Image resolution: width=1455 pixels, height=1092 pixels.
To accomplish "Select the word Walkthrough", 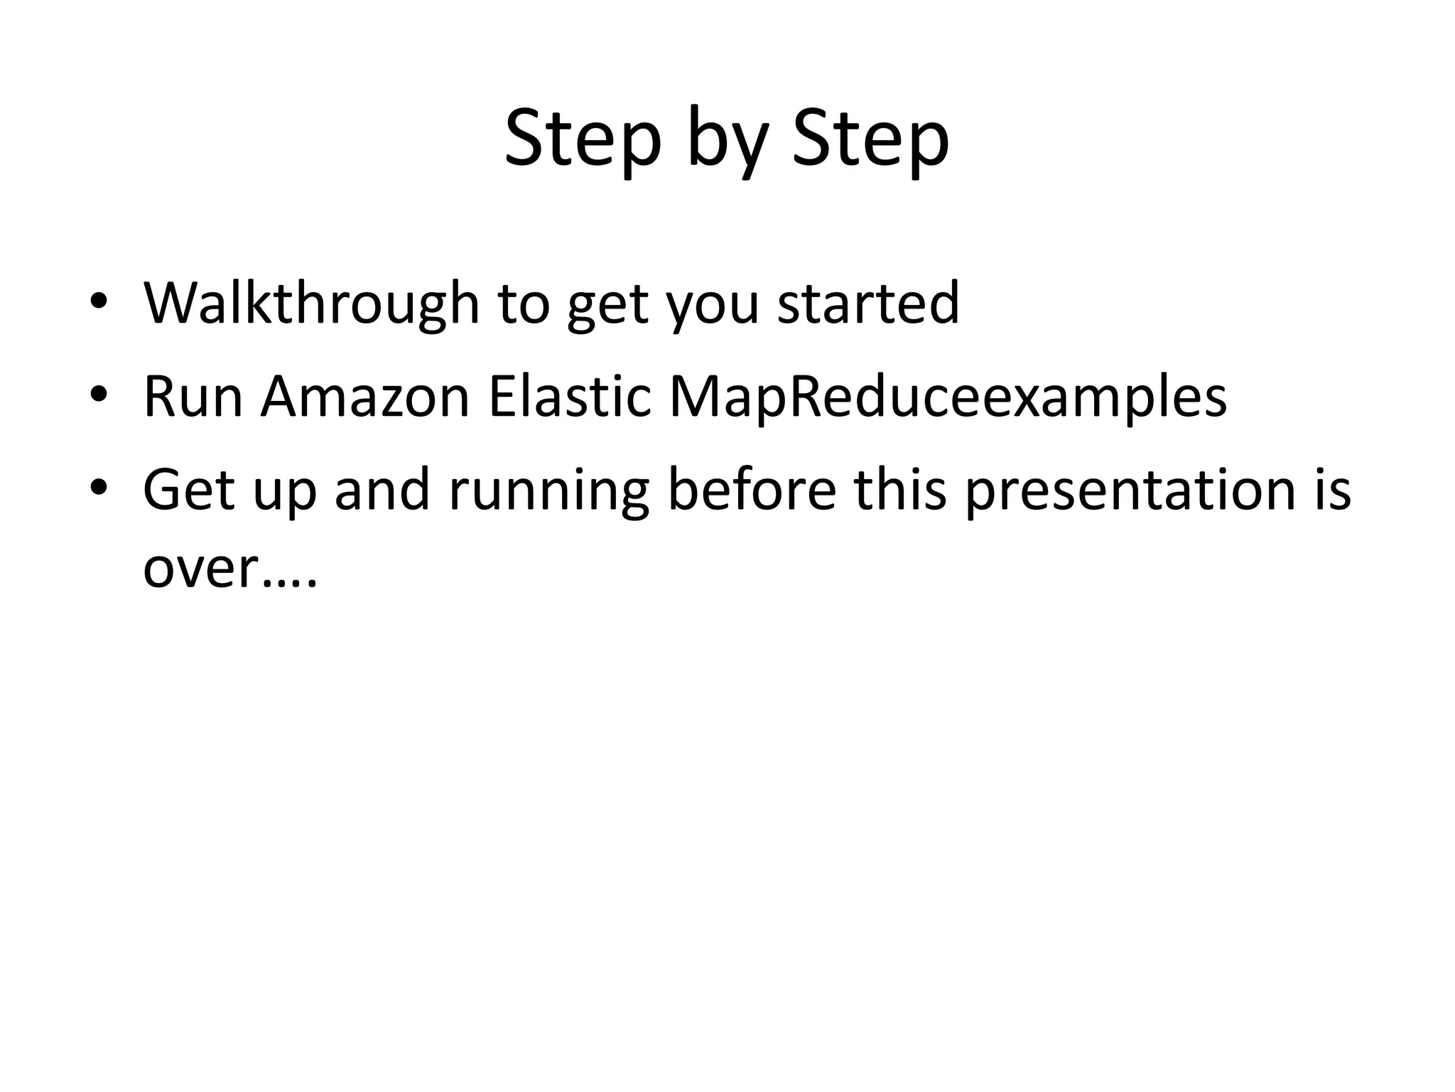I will click(x=311, y=304).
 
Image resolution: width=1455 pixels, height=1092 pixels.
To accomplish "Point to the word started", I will click(x=868, y=304).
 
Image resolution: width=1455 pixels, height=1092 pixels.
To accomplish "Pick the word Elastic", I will click(x=570, y=396).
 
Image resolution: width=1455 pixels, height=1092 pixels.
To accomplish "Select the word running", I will click(x=548, y=493).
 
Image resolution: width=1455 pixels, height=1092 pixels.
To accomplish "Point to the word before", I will click(x=752, y=490).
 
